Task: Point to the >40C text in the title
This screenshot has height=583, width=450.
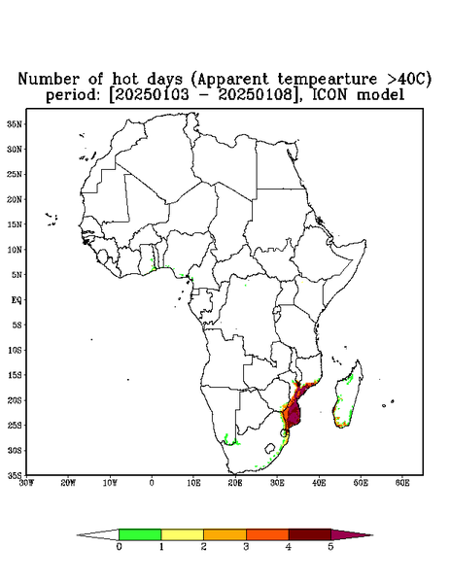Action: pos(405,79)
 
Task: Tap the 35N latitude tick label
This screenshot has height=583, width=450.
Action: pos(15,123)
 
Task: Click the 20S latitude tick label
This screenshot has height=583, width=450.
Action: pos(15,400)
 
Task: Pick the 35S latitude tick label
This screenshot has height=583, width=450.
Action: pos(15,475)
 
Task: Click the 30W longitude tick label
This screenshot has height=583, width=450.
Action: pos(26,483)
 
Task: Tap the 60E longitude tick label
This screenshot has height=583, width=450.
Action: pos(402,483)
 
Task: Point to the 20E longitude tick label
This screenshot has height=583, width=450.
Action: pos(235,483)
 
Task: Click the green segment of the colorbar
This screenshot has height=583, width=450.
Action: pos(140,534)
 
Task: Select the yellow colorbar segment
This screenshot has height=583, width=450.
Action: pos(182,534)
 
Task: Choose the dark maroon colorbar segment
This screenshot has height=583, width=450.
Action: pos(310,534)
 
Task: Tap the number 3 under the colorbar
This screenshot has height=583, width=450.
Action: pos(246,547)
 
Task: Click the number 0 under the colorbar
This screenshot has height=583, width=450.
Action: pos(119,547)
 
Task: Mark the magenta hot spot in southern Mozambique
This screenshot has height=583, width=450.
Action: pos(294,414)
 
